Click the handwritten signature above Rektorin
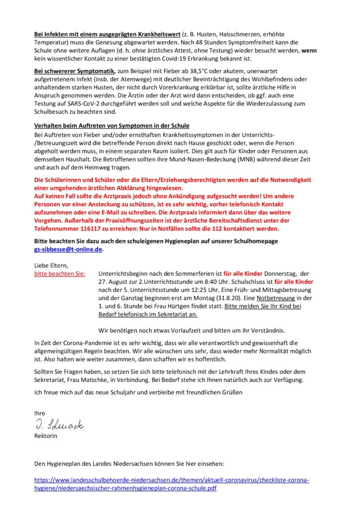coord(59,425)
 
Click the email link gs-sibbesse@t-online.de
coord(68,250)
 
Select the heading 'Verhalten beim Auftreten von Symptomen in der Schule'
coord(111,125)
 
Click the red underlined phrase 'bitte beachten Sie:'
coord(59,274)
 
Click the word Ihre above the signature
coord(39,413)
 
